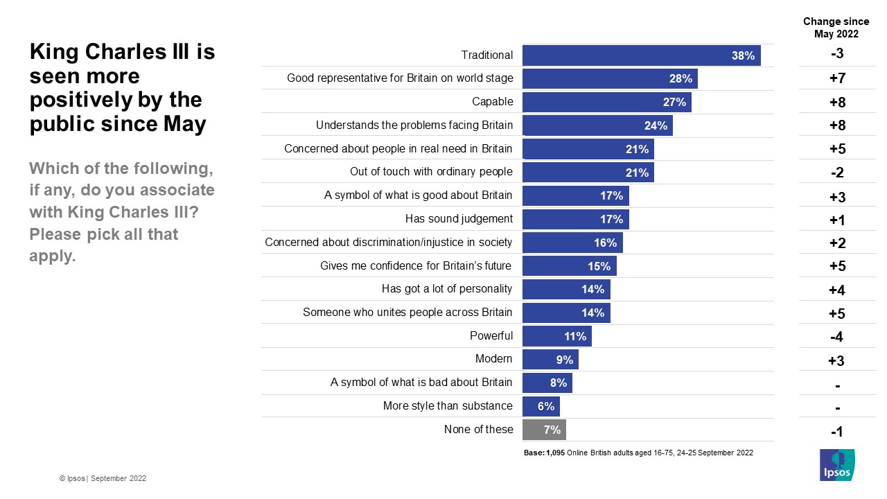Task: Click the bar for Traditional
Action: [x=641, y=55]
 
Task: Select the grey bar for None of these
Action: [x=544, y=430]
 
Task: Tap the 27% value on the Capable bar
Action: [x=674, y=102]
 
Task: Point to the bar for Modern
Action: [x=550, y=359]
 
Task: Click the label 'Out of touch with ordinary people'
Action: [x=431, y=172]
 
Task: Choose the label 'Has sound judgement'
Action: [x=459, y=219]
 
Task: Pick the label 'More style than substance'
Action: [x=448, y=406]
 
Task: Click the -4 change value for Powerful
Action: [x=836, y=338]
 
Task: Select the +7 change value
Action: [x=836, y=79]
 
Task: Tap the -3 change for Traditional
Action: [x=836, y=55]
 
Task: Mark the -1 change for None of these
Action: [x=836, y=432]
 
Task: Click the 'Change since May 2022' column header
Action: [x=836, y=28]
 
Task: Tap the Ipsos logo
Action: [x=836, y=464]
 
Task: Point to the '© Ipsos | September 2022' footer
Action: [x=103, y=478]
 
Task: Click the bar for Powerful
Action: [x=556, y=336]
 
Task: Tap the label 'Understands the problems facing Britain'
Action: [x=414, y=125]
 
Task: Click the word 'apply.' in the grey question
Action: [x=52, y=257]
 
